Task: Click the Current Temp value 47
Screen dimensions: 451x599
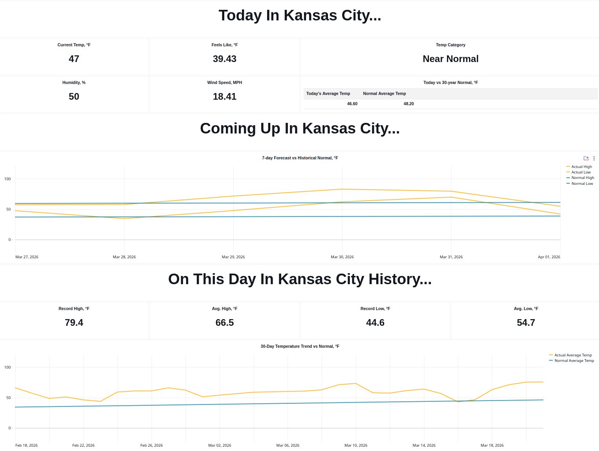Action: coord(74,59)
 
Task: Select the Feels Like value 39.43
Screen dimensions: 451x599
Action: coord(224,59)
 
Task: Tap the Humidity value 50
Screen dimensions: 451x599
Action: coord(74,97)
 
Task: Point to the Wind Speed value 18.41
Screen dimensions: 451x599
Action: coord(224,97)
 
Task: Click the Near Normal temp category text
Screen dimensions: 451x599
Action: coord(451,59)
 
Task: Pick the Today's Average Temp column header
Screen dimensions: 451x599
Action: coord(328,93)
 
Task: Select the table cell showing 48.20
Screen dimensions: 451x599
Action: coord(408,104)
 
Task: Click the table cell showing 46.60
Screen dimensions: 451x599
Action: coord(352,104)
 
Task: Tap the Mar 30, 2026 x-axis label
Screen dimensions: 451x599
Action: coord(342,257)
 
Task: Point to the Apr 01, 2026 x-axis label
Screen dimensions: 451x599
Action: coord(549,257)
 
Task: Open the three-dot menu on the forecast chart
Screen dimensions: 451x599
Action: coord(594,158)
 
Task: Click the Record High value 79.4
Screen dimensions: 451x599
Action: coord(74,323)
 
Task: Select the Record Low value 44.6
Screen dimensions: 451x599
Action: coord(375,323)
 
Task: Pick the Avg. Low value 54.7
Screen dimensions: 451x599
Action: coord(526,323)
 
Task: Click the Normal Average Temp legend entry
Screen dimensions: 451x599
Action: coord(574,361)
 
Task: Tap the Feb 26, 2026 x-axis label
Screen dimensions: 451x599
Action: coord(152,446)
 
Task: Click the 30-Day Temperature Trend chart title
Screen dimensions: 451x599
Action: coord(300,346)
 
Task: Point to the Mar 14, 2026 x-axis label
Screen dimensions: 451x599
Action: coord(424,446)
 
